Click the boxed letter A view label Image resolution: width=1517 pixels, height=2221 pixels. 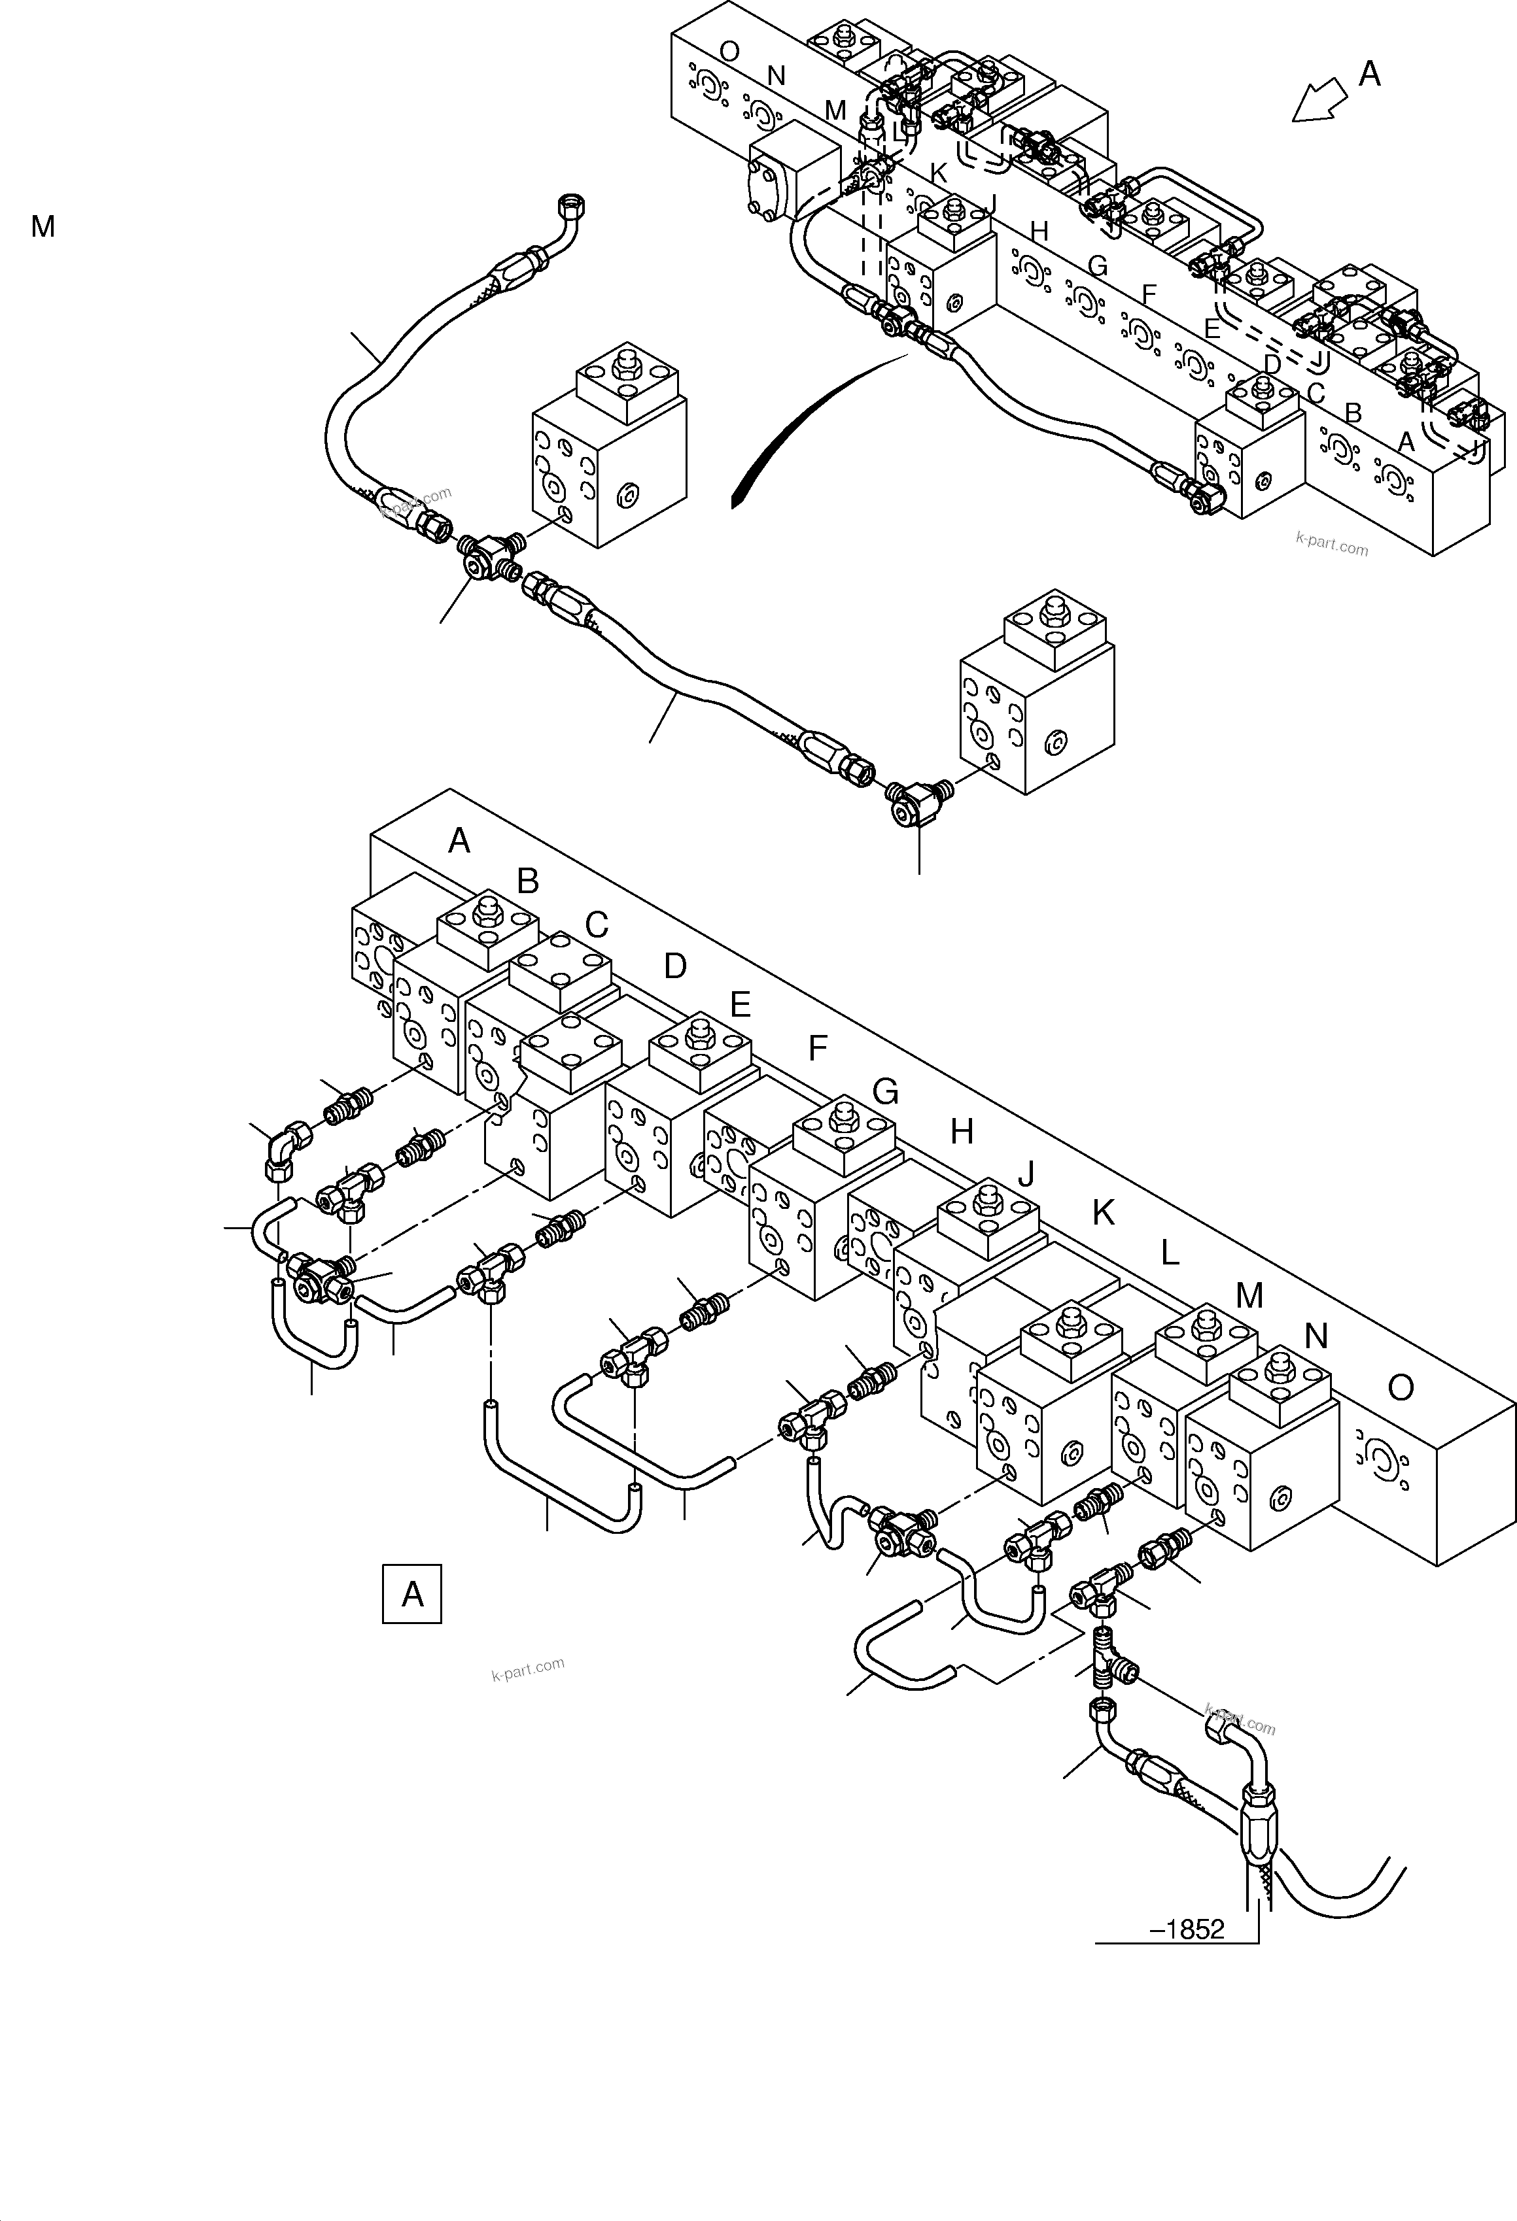click(412, 1593)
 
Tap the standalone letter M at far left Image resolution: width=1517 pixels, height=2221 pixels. click(43, 226)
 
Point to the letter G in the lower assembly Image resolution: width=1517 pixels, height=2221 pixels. click(885, 1091)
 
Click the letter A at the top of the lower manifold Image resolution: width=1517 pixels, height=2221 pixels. click(459, 841)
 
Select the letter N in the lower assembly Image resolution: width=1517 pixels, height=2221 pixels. click(1316, 1336)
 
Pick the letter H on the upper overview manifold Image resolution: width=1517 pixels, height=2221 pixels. click(1039, 231)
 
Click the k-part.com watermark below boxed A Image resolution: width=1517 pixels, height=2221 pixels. click(528, 1669)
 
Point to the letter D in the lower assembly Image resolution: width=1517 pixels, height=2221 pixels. click(675, 966)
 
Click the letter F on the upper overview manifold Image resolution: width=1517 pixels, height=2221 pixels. click(1149, 294)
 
